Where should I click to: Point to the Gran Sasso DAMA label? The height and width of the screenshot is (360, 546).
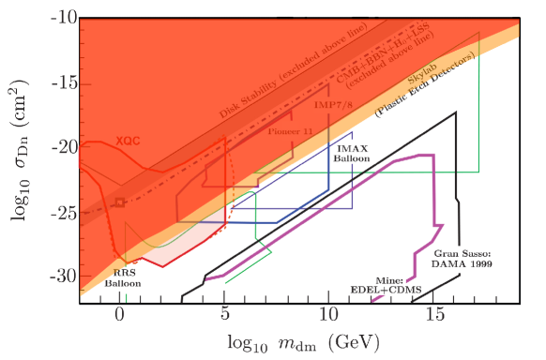(463, 260)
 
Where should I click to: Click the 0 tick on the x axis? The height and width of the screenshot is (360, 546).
(120, 316)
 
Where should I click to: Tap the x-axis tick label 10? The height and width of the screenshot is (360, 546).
(328, 316)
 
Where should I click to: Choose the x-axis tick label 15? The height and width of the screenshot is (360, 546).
(433, 316)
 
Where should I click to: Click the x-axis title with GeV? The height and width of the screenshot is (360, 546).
(296, 340)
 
